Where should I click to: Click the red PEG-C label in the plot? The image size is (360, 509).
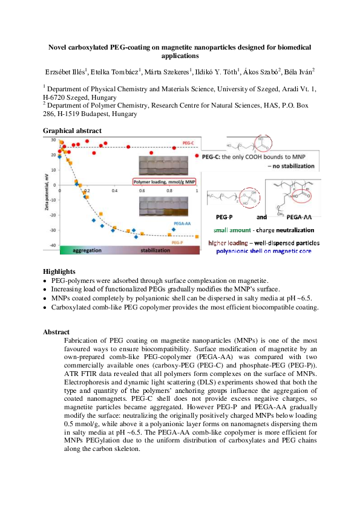[x=188, y=143]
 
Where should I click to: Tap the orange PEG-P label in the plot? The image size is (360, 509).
[x=178, y=242]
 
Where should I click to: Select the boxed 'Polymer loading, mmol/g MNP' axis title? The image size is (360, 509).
[x=163, y=181]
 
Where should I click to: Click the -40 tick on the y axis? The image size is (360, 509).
[x=54, y=245]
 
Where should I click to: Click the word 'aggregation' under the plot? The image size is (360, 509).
[x=87, y=250]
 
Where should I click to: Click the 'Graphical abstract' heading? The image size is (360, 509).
[x=72, y=131]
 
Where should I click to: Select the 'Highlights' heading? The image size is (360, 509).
[x=58, y=272]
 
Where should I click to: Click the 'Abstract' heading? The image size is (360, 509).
[x=56, y=332]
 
